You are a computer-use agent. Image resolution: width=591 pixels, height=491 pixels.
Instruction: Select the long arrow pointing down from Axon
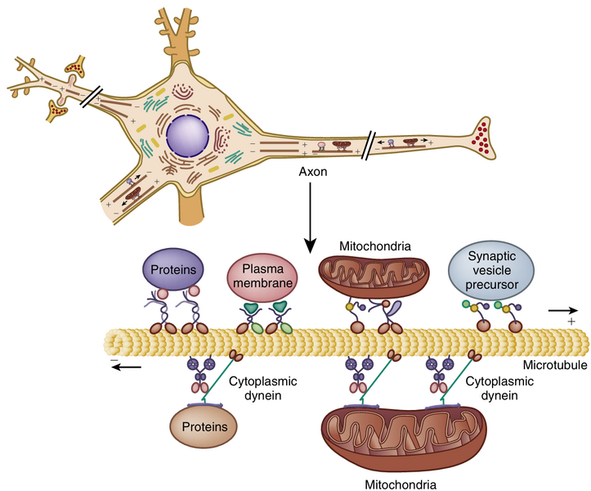pyautogui.click(x=310, y=217)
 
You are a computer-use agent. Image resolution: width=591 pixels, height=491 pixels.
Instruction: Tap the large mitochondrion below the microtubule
pyautogui.click(x=400, y=433)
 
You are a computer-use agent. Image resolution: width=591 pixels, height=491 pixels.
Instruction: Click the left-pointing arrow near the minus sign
pyautogui.click(x=127, y=366)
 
